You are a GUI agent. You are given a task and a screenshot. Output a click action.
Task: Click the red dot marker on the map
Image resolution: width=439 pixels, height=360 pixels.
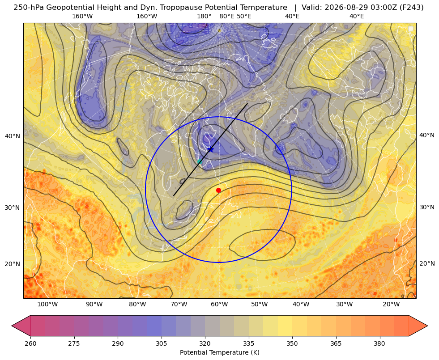219,190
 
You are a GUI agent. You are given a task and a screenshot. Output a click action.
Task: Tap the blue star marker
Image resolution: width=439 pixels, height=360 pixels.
210,150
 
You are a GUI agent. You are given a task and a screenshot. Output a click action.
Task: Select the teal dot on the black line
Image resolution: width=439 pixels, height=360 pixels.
200,162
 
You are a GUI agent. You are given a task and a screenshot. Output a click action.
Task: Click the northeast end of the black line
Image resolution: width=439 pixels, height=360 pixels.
247,103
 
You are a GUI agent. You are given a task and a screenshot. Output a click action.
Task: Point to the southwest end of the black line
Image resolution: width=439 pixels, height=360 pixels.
174,195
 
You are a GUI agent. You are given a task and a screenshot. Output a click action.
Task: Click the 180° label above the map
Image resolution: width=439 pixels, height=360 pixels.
205,16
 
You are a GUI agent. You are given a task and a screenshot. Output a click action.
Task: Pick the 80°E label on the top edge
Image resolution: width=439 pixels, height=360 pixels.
227,16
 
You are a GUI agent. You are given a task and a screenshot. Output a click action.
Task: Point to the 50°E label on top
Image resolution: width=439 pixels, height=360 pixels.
244,16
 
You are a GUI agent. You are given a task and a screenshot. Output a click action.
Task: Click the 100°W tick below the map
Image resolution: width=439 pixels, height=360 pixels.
47,305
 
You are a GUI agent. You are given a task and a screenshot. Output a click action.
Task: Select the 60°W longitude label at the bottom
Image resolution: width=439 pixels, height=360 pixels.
219,305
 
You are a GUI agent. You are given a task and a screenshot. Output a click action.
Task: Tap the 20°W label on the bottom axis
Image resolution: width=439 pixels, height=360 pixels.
391,305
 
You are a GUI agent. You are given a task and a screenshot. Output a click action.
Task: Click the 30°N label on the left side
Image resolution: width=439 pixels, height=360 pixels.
13,208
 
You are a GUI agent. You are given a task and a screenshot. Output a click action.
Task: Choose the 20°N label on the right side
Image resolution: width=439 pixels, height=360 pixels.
427,263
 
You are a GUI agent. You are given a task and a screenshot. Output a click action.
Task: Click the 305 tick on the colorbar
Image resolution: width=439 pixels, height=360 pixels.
161,343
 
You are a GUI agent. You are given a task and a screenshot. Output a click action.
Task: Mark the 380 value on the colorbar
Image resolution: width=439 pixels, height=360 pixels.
379,343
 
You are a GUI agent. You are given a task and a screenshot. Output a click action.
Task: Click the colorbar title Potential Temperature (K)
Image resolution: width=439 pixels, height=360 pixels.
219,352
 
